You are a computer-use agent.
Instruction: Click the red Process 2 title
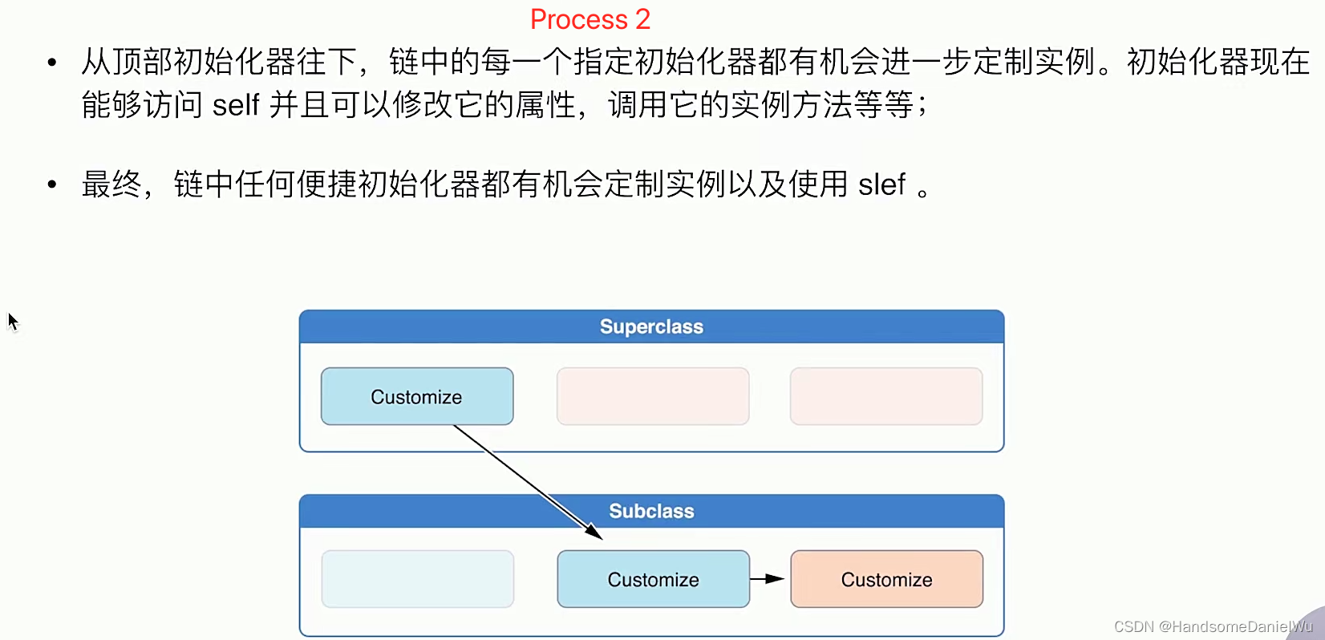[x=590, y=19]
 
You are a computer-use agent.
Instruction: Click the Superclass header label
[x=651, y=327]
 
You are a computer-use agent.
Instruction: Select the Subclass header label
[x=651, y=512]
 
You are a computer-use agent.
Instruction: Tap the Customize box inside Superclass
[x=417, y=397]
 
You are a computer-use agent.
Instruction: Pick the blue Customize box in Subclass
[x=653, y=579]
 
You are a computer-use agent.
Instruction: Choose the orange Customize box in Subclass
[x=886, y=579]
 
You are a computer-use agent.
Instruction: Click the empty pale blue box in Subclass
[x=417, y=579]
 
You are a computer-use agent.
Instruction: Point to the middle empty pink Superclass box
[x=653, y=396]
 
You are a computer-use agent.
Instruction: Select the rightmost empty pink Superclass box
[x=886, y=396]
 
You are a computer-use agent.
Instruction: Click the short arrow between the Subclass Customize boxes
[x=767, y=578]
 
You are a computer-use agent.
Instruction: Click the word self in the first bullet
[x=236, y=105]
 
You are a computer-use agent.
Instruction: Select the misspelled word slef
[x=881, y=185]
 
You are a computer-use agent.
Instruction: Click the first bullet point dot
[x=52, y=62]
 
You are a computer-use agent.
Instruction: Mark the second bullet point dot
[x=52, y=185]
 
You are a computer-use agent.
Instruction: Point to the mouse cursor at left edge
[x=12, y=322]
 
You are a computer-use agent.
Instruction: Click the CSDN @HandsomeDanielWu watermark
[x=1213, y=626]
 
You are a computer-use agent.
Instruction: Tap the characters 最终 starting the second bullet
[x=111, y=185]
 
